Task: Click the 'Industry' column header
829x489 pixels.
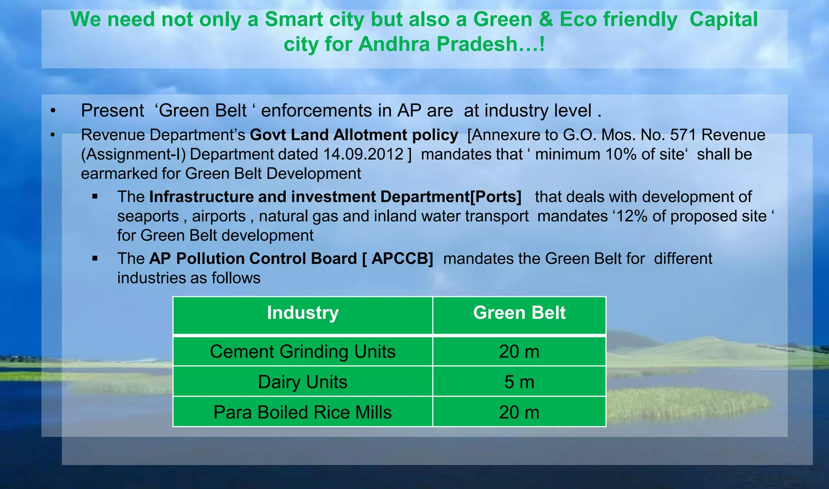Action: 302,313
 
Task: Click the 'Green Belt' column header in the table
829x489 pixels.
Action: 519,313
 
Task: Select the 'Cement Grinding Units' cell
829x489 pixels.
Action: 302,351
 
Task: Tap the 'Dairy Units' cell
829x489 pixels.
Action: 302,382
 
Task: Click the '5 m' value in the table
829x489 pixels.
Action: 519,382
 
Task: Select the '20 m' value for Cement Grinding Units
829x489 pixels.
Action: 519,351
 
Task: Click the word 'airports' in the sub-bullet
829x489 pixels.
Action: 219,216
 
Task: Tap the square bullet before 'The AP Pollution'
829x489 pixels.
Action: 95,258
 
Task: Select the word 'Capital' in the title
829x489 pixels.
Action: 723,19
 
